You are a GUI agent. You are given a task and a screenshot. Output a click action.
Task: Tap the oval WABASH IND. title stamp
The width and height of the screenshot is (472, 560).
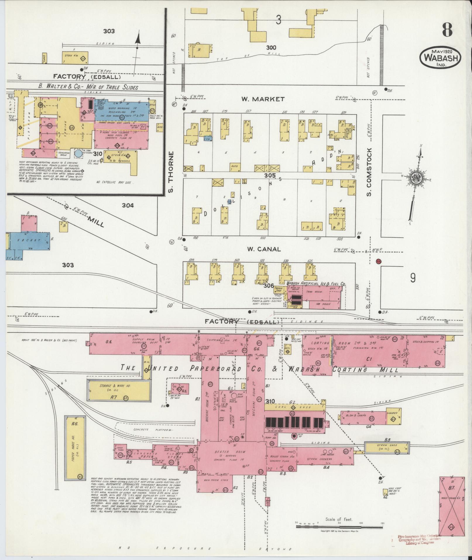click(441, 58)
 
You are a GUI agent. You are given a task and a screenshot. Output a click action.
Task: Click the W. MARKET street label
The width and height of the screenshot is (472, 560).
click(262, 99)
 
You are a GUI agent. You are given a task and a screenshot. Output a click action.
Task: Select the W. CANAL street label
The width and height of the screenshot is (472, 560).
click(264, 249)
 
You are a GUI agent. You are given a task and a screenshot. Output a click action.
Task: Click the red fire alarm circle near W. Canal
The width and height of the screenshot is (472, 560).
click(379, 261)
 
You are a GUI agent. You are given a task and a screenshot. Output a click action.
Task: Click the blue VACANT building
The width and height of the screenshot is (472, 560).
click(29, 240)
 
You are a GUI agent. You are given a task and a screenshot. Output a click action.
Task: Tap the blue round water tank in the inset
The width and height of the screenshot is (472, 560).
click(78, 153)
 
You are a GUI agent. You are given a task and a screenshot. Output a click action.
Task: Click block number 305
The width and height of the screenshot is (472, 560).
click(270, 176)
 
